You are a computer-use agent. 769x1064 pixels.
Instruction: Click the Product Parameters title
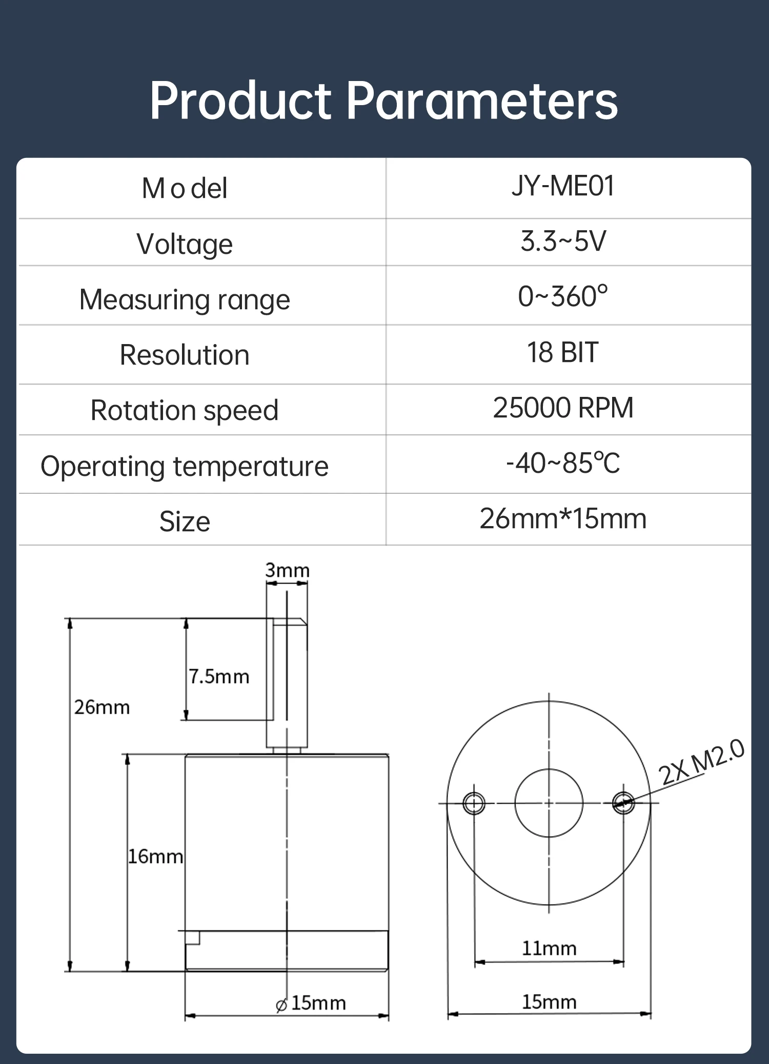[x=383, y=101]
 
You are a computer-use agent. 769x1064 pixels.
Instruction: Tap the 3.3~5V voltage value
[x=563, y=241]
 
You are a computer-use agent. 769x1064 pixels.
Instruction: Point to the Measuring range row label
[x=185, y=299]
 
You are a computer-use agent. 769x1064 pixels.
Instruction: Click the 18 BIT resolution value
[x=563, y=352]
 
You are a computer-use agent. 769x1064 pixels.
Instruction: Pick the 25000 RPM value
[x=563, y=408]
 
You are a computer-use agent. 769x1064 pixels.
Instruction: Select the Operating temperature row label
[x=185, y=467]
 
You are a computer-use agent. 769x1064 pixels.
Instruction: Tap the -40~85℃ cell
[x=563, y=463]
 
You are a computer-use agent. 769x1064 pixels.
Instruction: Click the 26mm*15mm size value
[x=563, y=518]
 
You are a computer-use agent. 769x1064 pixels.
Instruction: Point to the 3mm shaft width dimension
[x=287, y=570]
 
